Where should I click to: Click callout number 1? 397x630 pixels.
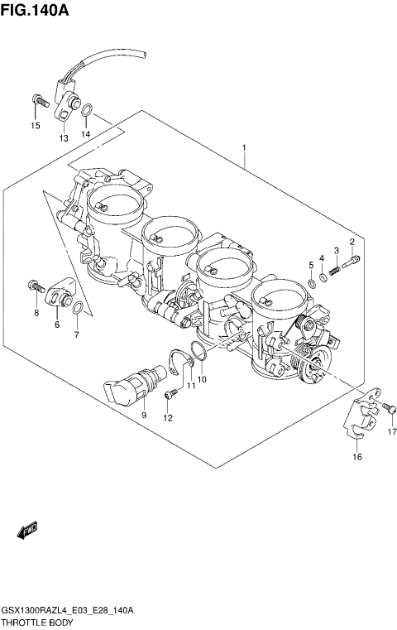tap(244, 148)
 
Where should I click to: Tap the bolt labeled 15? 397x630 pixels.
tap(37, 101)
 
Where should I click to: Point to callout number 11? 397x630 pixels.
tap(189, 385)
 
